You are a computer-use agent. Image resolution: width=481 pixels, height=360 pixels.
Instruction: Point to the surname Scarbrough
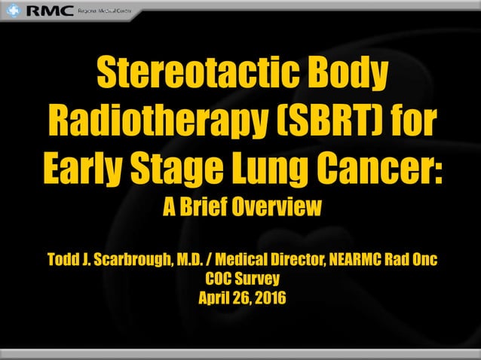(125, 261)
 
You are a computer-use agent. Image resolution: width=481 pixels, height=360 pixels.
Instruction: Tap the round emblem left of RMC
(14, 11)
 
